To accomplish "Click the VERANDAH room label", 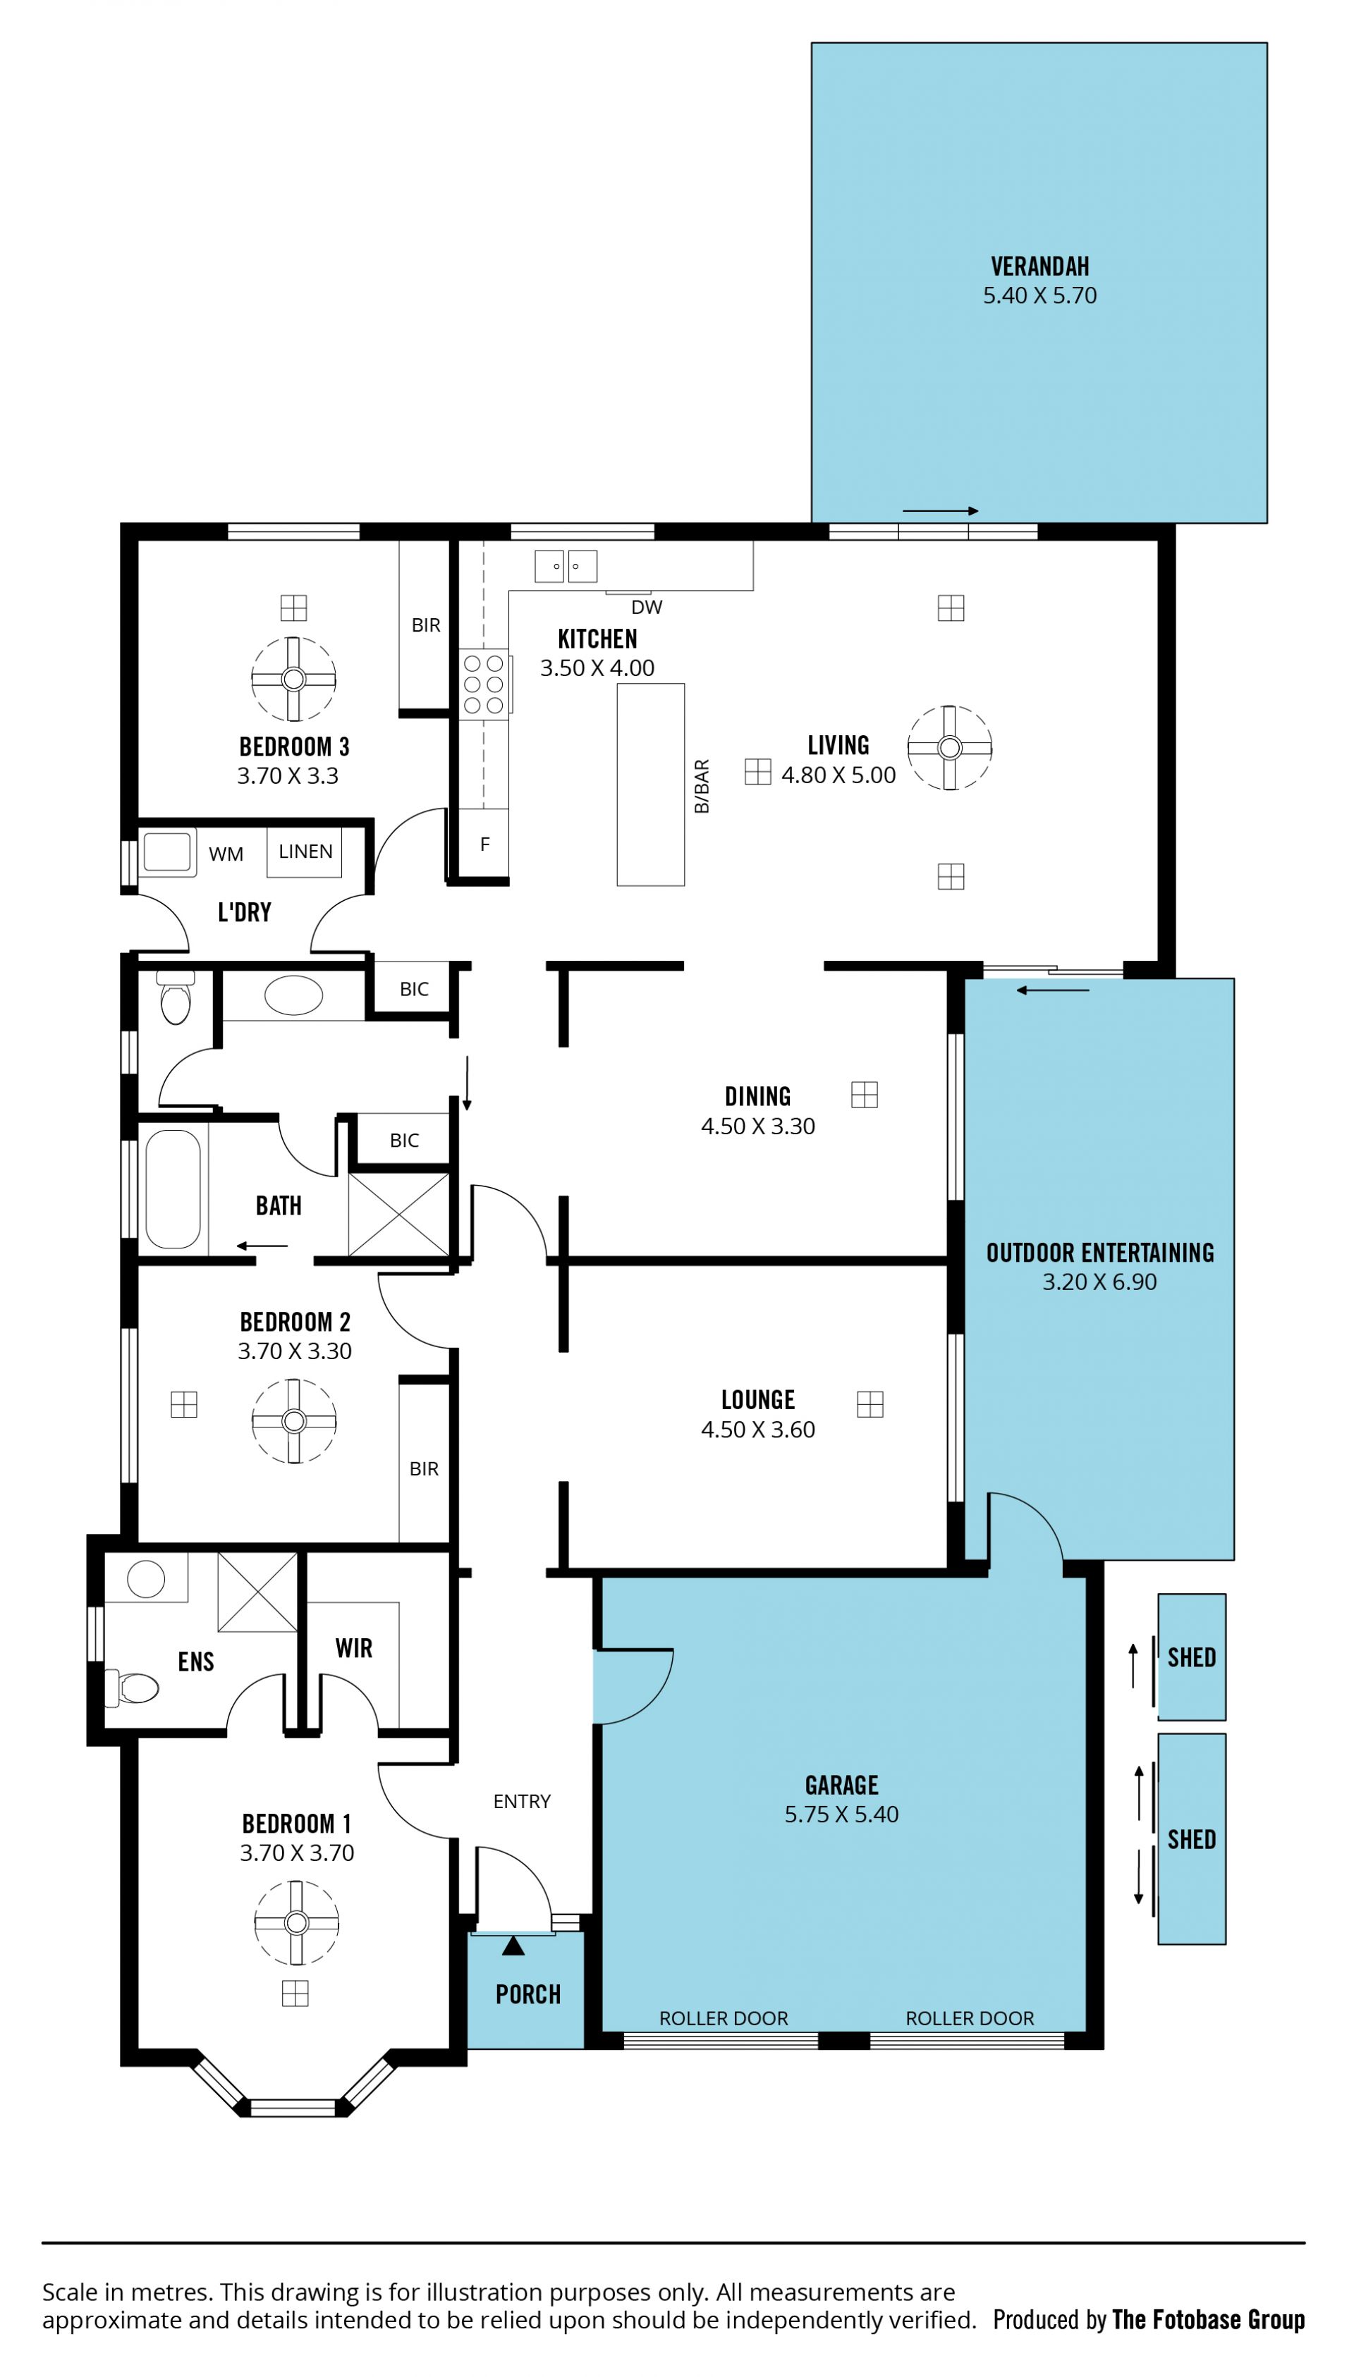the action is click(1039, 266).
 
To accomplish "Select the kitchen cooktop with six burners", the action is click(484, 684).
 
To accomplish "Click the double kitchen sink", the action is click(566, 565).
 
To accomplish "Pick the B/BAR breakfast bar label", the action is click(702, 787).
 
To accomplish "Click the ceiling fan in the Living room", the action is click(949, 747).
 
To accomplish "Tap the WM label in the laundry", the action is click(226, 854).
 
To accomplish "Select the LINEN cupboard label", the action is click(305, 852).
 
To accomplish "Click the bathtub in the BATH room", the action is click(173, 1189).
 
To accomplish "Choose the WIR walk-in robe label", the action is click(353, 1648).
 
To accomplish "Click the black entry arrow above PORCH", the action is click(513, 1946).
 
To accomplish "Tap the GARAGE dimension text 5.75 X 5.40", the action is click(841, 1814).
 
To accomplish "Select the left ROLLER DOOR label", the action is click(724, 2018).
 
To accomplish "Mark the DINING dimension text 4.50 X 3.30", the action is click(758, 1126).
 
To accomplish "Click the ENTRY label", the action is click(522, 1802).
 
